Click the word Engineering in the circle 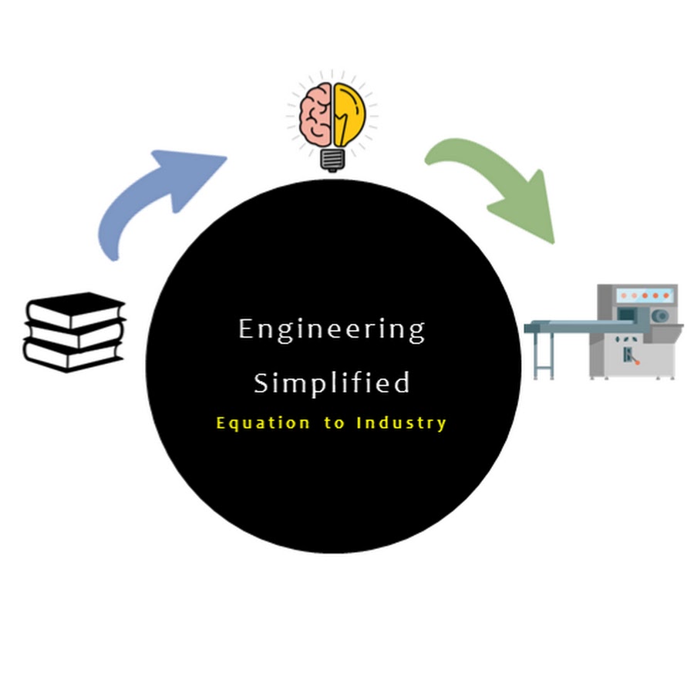tap(332, 330)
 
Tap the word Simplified tap(332, 382)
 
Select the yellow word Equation tap(263, 423)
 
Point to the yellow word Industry tap(401, 423)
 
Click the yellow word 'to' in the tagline tap(334, 423)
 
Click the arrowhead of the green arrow tap(527, 208)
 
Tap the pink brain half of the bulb tap(315, 115)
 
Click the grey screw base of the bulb tap(333, 160)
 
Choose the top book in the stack tap(76, 309)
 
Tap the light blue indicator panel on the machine tap(645, 295)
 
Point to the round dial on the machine tap(660, 316)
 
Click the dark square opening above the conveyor tap(627, 314)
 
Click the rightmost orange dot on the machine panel tap(666, 295)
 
